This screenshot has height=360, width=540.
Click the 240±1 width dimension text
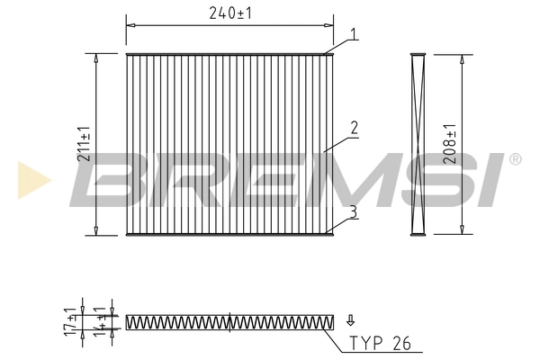coord(229,13)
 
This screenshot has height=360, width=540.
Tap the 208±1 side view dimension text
coord(450,143)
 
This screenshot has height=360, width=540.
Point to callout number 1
coord(355,34)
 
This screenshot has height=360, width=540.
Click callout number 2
coord(355,129)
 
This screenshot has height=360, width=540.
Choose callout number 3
coord(354,211)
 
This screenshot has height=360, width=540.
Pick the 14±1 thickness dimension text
coord(100,321)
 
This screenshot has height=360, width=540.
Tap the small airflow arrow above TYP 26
coord(351,319)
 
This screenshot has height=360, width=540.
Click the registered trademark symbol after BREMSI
coord(514,160)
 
